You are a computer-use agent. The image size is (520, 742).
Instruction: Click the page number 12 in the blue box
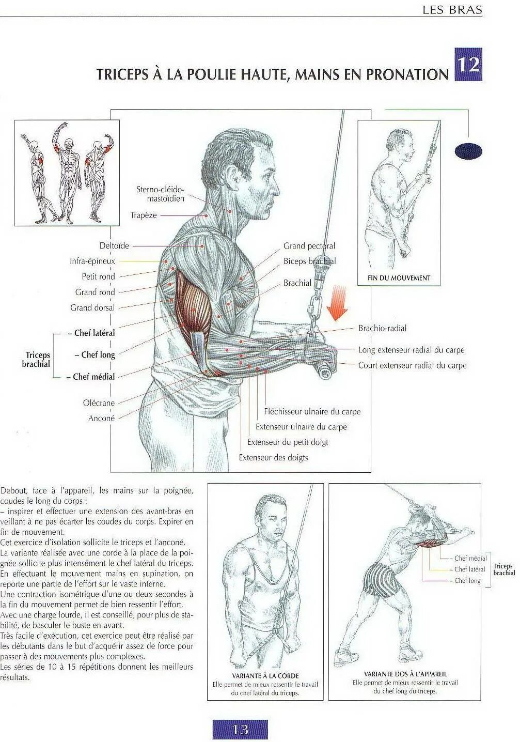coord(468,65)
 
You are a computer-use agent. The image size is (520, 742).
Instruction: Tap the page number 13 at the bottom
coord(240,729)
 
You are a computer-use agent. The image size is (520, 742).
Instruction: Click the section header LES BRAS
coord(452,9)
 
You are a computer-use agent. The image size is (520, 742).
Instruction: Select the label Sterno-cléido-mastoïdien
coord(160,194)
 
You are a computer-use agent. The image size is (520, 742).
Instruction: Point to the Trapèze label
coord(143,215)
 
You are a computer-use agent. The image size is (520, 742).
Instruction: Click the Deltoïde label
coord(114,246)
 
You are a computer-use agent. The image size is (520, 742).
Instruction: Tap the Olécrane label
coord(99,403)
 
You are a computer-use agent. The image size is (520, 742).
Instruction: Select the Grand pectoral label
coord(309,246)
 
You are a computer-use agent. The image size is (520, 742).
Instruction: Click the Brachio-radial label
coord(382,328)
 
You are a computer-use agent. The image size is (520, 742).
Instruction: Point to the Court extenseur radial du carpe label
coord(412,365)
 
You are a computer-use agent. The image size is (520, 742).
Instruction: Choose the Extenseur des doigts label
coord(273,457)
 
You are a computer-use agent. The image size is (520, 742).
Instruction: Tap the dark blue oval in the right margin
coord(468,151)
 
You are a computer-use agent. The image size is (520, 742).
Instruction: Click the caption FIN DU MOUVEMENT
coord(399,278)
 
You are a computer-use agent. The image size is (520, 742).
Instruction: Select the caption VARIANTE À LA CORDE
coord(265,675)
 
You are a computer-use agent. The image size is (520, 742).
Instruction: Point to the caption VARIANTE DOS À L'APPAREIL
coord(405,674)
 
